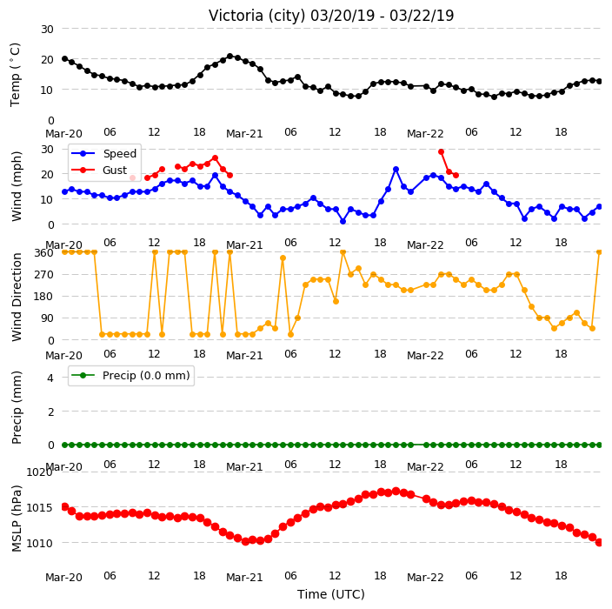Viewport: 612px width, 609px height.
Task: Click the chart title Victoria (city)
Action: point(257,16)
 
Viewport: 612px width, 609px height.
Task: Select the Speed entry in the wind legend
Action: point(119,153)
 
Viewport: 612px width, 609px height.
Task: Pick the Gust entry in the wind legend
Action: point(115,171)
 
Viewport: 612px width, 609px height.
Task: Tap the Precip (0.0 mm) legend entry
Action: point(146,376)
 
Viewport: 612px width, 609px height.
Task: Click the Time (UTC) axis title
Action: point(331,594)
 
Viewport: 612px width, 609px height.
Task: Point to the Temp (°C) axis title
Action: point(16,75)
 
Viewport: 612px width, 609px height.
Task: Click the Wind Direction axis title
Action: point(17,298)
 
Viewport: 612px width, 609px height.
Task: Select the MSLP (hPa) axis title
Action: point(17,519)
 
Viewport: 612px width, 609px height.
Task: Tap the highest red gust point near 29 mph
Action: point(441,152)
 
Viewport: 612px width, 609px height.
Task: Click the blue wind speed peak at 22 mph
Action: point(396,169)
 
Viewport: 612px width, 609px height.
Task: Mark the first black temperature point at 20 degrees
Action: point(65,58)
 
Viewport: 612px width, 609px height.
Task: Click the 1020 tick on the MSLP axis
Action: point(39,472)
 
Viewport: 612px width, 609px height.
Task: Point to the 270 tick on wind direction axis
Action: point(43,275)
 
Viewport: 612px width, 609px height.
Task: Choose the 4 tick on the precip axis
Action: point(50,378)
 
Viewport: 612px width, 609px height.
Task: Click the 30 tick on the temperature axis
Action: point(47,30)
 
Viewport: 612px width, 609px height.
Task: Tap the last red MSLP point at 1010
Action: point(600,542)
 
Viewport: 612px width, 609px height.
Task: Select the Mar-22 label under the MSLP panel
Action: point(425,578)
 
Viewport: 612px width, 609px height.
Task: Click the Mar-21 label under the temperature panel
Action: point(244,134)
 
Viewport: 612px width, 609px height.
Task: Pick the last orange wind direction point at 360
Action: point(600,252)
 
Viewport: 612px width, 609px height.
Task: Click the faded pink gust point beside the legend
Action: point(132,178)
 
